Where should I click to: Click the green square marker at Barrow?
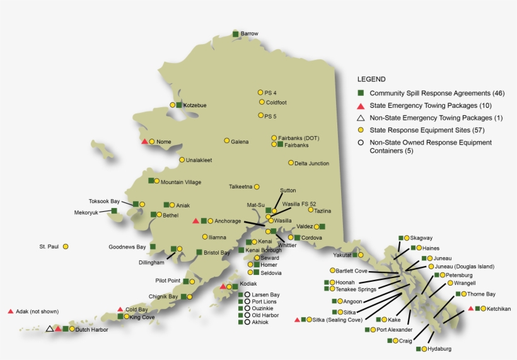tap(235, 33)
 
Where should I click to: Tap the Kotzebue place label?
tap(195, 105)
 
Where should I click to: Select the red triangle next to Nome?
tap(144, 141)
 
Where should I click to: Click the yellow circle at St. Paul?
tap(66, 247)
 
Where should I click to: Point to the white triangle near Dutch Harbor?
tap(49, 328)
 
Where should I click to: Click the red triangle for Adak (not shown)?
tap(11, 311)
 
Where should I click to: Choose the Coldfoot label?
tap(277, 102)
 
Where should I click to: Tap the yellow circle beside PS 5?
tap(260, 115)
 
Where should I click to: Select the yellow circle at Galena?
tap(227, 141)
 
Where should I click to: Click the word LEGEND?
tap(371, 79)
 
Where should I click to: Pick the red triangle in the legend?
tap(361, 105)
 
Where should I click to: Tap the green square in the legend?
tap(361, 93)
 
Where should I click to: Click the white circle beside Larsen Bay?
tap(247, 294)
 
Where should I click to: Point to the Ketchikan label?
tap(499, 309)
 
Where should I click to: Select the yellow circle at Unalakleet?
tap(182, 160)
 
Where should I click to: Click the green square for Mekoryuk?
tap(114, 211)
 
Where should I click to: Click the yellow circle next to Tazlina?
tap(310, 210)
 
